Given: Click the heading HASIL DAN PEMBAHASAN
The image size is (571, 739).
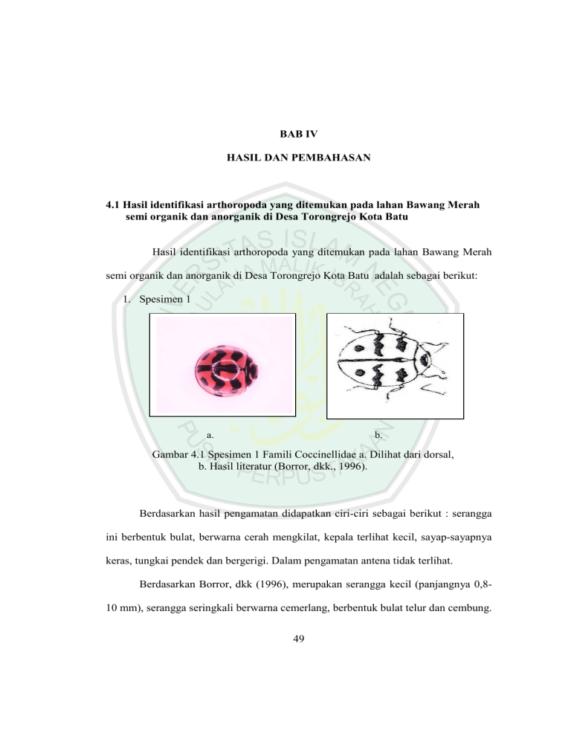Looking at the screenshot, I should pyautogui.click(x=286, y=161).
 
